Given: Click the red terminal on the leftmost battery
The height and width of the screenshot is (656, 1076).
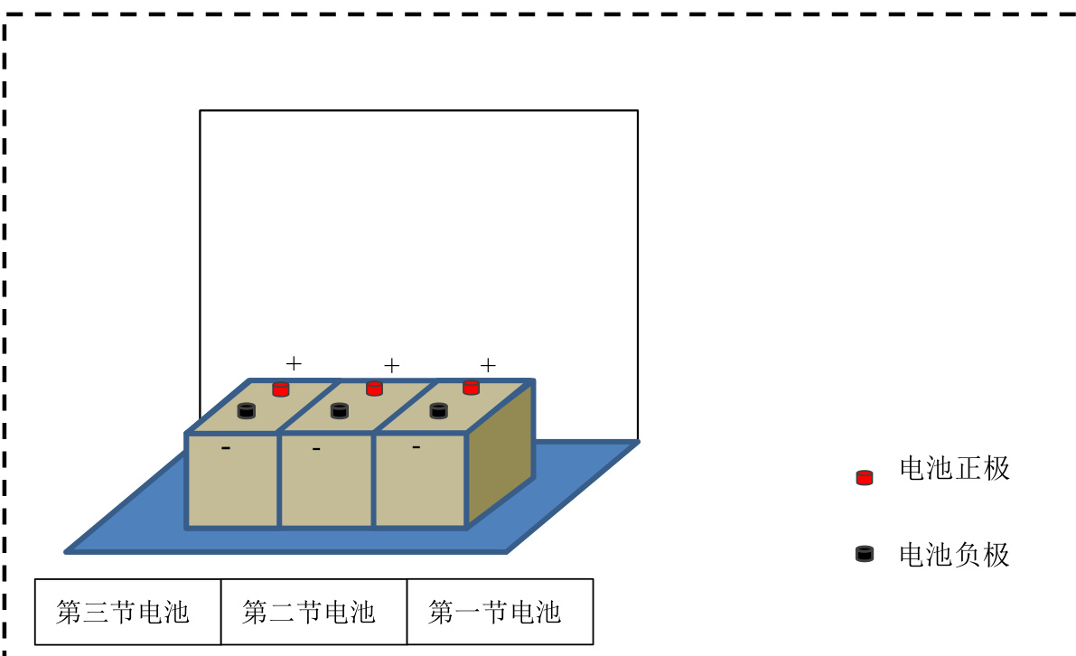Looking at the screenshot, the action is (281, 389).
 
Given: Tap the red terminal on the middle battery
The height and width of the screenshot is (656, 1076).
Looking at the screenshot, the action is (374, 389).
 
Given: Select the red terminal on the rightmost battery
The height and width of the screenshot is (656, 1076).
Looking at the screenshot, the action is (471, 388).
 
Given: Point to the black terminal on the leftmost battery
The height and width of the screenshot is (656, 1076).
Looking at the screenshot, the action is (247, 411).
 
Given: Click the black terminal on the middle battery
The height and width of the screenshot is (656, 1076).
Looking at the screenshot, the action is (340, 411).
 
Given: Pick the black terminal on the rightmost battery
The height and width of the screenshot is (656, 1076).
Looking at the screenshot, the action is (438, 411).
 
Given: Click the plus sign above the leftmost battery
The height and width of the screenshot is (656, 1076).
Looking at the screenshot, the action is (294, 363).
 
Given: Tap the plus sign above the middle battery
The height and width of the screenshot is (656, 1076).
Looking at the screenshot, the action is (392, 366).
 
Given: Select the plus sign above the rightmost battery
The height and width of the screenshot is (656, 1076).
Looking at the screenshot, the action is (488, 365).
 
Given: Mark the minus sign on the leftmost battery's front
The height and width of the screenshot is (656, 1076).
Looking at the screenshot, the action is (226, 448).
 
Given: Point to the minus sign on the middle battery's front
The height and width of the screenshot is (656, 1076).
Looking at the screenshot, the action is (316, 449).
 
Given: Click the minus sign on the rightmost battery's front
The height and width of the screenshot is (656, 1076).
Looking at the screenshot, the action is (416, 447).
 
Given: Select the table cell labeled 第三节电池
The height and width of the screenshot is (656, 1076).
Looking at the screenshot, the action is (128, 612).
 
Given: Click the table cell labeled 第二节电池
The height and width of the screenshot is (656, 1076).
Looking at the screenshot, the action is (314, 612).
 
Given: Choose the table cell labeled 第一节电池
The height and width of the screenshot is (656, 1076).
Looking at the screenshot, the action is (501, 612).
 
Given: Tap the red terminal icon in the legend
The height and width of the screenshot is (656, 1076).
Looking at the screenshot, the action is (865, 478).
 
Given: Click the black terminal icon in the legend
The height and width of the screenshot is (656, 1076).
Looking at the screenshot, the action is (865, 554).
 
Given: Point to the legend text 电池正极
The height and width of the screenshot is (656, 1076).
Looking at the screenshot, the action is (955, 469).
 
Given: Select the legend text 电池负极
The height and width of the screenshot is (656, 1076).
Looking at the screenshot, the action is (955, 555).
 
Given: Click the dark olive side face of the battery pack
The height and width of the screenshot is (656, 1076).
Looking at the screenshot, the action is (501, 453).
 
